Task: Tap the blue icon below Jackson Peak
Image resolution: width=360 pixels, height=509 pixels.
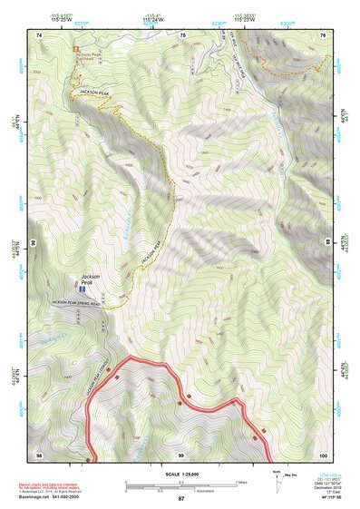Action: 83,289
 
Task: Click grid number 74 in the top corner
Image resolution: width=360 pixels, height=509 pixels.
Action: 40,34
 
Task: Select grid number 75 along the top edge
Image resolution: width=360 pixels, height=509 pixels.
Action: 182,34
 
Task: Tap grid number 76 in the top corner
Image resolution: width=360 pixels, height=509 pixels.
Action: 323,34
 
